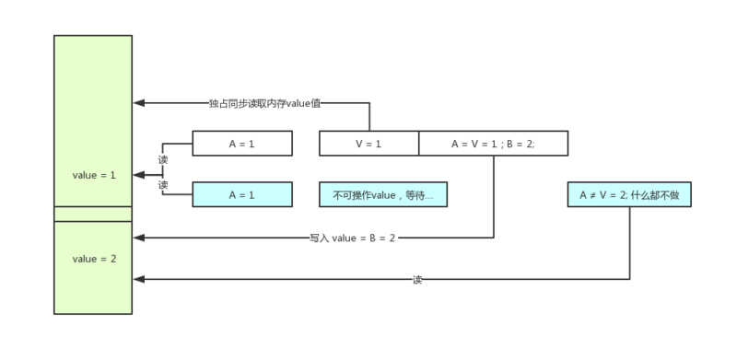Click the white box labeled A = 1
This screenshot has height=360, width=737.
click(242, 144)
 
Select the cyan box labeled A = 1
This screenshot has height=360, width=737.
click(242, 195)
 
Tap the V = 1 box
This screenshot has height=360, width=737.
click(368, 144)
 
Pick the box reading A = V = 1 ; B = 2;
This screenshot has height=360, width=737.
click(493, 144)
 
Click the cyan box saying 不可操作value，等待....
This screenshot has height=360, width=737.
click(382, 195)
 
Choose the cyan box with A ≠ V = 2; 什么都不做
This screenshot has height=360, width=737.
click(629, 195)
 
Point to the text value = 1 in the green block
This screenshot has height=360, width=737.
click(94, 175)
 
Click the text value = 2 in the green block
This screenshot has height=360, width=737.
click(94, 259)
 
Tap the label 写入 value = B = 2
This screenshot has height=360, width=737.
click(353, 238)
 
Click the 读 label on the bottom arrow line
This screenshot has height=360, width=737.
click(417, 279)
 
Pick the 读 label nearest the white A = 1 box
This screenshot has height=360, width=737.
click(163, 159)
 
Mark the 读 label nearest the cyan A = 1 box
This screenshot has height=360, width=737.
click(163, 185)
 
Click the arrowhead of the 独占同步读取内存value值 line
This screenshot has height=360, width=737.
click(138, 103)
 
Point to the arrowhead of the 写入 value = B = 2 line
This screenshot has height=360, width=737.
click(138, 238)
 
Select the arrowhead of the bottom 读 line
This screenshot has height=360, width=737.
click(138, 279)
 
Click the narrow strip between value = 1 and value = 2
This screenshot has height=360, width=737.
click(93, 215)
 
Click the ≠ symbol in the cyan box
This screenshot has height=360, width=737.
click(595, 195)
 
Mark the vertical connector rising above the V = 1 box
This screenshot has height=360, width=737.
click(369, 117)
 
